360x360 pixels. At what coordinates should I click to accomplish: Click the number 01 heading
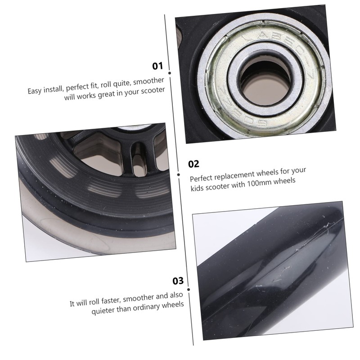coord(157,66)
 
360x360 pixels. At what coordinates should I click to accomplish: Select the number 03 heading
coord(178,281)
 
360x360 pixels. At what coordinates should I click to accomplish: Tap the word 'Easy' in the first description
coord(35,91)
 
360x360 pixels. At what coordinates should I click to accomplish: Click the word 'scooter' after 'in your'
coord(153,90)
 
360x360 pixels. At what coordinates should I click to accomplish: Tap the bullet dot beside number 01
coord(169,73)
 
